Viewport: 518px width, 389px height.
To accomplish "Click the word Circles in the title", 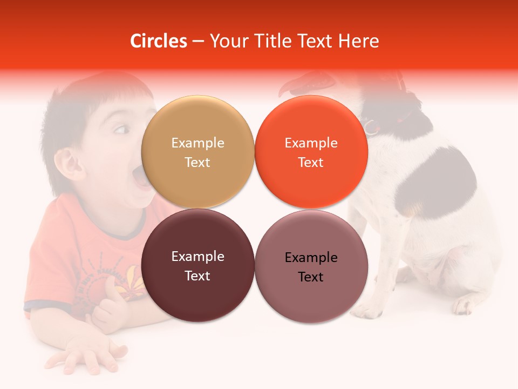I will click(x=158, y=41).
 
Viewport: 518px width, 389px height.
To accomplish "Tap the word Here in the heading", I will click(x=359, y=41).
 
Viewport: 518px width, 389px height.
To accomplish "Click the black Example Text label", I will click(x=311, y=267).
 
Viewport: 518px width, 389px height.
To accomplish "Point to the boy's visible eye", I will click(x=121, y=130).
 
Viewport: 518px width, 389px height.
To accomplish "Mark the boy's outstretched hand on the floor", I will click(x=81, y=357).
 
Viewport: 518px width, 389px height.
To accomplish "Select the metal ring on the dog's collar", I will click(x=371, y=127).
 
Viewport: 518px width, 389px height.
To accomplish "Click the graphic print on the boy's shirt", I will click(x=116, y=276).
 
